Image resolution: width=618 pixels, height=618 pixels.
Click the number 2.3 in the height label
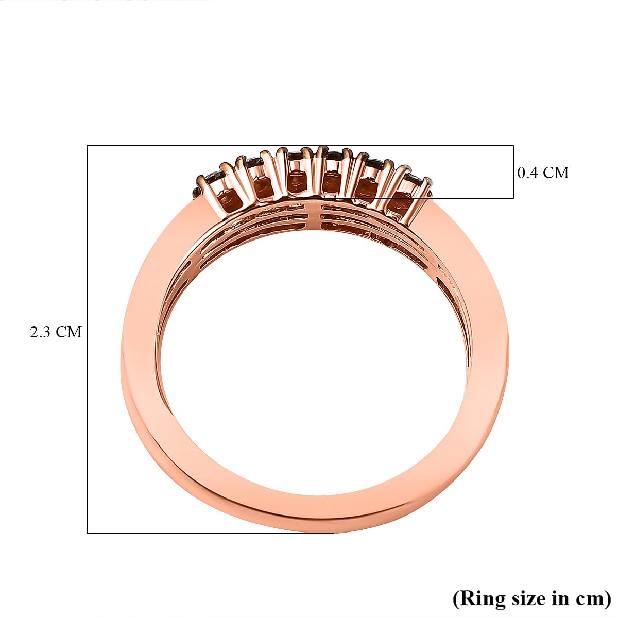(x=40, y=332)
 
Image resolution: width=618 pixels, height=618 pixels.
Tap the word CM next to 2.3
(x=68, y=332)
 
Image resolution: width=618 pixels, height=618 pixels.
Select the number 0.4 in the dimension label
(x=528, y=173)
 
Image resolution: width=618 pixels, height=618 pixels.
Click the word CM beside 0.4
(x=556, y=173)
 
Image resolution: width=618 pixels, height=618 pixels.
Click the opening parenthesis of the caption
(x=456, y=599)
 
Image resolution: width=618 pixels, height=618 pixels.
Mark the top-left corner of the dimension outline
(x=87, y=146)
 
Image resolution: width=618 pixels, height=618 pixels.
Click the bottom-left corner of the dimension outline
(x=87, y=533)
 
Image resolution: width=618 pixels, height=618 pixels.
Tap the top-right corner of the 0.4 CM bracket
(x=513, y=146)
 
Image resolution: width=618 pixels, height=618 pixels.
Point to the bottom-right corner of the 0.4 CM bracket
(x=513, y=198)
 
